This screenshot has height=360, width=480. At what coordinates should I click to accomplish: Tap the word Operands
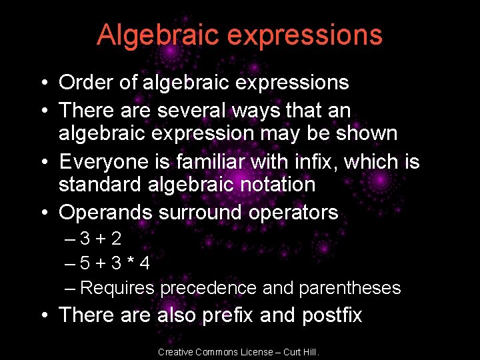[x=105, y=213]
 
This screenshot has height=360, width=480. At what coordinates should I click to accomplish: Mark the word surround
[x=201, y=213]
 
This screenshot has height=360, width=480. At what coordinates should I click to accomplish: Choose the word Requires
[x=117, y=288]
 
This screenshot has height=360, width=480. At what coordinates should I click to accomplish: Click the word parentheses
[x=350, y=288]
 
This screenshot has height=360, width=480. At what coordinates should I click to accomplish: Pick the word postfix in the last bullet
[x=332, y=315]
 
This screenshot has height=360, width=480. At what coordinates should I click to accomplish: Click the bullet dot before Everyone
[x=43, y=162]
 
